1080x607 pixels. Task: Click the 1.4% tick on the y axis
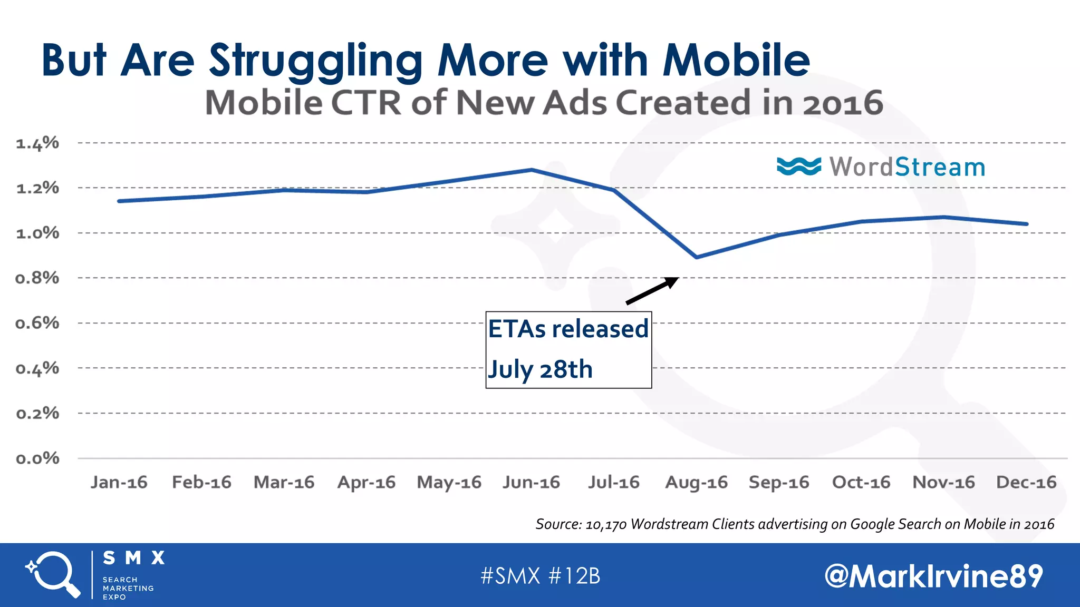tap(37, 143)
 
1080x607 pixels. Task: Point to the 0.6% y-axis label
tap(37, 323)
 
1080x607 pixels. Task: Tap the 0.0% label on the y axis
tap(37, 458)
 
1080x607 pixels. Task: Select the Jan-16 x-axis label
tap(119, 482)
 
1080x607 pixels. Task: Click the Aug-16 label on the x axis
tap(696, 482)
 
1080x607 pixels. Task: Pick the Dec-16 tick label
tap(1026, 482)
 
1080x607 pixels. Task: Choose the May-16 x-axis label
tap(449, 482)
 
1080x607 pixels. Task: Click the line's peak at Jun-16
tap(532, 170)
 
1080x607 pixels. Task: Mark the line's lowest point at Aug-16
tap(697, 257)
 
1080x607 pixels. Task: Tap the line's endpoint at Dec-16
tap(1026, 224)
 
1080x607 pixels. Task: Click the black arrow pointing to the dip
tap(652, 291)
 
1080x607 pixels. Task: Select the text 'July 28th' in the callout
tap(540, 369)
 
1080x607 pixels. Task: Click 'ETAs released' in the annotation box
tap(568, 329)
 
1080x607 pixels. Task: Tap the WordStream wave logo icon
tap(798, 167)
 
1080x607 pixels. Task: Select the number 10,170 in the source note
tap(605, 524)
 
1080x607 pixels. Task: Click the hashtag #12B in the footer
tap(574, 576)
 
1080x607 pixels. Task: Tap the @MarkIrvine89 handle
tap(933, 576)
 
